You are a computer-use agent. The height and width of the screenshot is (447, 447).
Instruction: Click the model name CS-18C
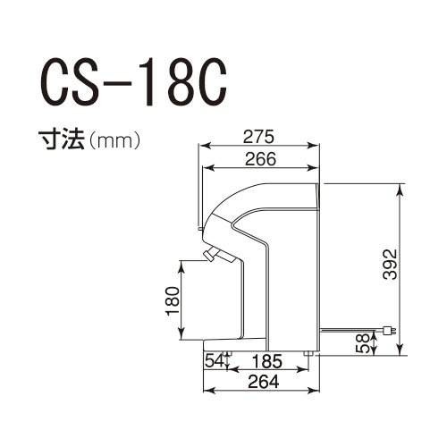pos(133,83)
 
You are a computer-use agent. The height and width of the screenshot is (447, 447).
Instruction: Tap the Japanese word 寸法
pos(62,139)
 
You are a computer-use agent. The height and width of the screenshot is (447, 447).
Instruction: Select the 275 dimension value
pos(258,137)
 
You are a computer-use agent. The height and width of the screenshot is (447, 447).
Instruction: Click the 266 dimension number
pos(260,159)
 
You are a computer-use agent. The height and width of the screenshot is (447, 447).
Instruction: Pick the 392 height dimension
pos(390,264)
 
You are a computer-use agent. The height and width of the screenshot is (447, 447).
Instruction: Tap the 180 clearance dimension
pos(173,301)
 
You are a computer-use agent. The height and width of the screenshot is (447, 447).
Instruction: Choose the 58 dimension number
pos(363,343)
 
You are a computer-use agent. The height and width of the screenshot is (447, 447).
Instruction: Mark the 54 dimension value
pos(215,361)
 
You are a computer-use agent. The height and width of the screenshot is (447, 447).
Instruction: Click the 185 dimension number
pos(267,361)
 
